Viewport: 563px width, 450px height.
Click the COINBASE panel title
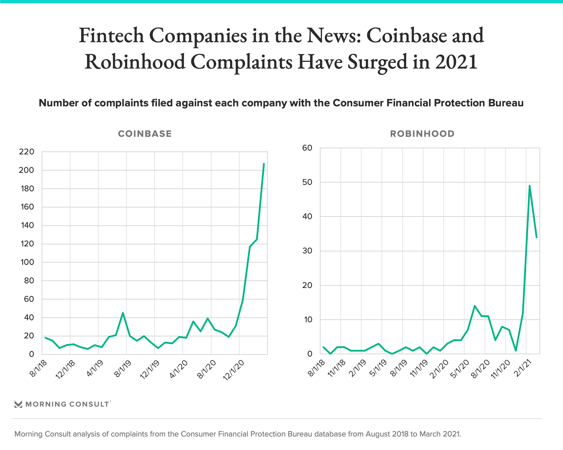(x=145, y=134)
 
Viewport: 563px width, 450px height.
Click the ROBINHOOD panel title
(x=422, y=134)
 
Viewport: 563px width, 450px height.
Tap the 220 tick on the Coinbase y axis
(x=26, y=152)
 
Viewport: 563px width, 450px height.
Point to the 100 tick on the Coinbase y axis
(x=27, y=262)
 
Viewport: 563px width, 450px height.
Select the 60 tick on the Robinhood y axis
(x=307, y=148)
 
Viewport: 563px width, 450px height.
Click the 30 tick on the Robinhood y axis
(x=307, y=251)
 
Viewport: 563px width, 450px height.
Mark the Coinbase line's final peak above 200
(x=264, y=164)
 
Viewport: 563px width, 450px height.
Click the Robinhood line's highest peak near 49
(x=530, y=186)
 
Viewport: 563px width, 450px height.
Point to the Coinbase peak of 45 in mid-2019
(x=123, y=313)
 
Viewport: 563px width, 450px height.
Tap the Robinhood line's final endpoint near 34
(x=537, y=237)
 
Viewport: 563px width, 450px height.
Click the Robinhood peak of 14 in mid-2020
(x=474, y=306)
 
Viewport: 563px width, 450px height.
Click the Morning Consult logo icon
(x=18, y=404)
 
